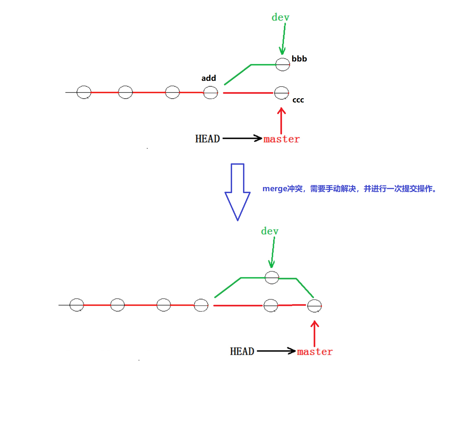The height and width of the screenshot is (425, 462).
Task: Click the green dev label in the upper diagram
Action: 280,17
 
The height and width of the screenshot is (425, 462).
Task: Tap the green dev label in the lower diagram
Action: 269,231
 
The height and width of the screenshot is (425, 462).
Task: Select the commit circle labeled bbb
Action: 283,64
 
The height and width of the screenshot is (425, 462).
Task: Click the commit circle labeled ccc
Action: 282,93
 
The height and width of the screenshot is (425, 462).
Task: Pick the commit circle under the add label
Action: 211,93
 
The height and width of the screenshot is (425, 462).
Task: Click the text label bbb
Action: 299,59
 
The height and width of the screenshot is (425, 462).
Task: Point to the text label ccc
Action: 298,100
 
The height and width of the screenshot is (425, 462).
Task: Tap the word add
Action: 209,78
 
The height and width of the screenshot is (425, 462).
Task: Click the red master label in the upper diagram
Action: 282,139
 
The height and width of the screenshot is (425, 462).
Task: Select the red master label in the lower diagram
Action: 315,352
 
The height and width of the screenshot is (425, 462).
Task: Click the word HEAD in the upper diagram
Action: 208,139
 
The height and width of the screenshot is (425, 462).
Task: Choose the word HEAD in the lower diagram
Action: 242,351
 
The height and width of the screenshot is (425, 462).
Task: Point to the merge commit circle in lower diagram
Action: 315,306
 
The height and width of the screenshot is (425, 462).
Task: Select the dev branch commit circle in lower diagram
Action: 272,278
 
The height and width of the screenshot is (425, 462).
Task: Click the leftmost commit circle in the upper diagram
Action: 84,92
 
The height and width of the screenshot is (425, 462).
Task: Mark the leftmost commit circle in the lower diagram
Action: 77,305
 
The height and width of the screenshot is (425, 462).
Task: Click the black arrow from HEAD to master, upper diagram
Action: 242,138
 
